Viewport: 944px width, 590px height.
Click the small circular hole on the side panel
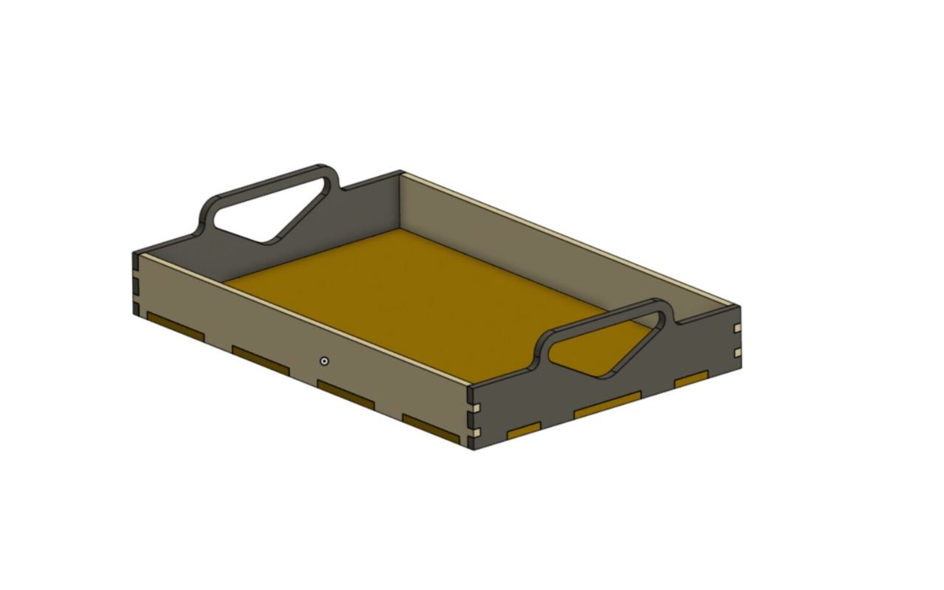(x=324, y=361)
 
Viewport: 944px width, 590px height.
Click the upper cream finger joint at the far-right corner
(x=738, y=329)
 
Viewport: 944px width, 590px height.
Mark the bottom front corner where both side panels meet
(x=473, y=448)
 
